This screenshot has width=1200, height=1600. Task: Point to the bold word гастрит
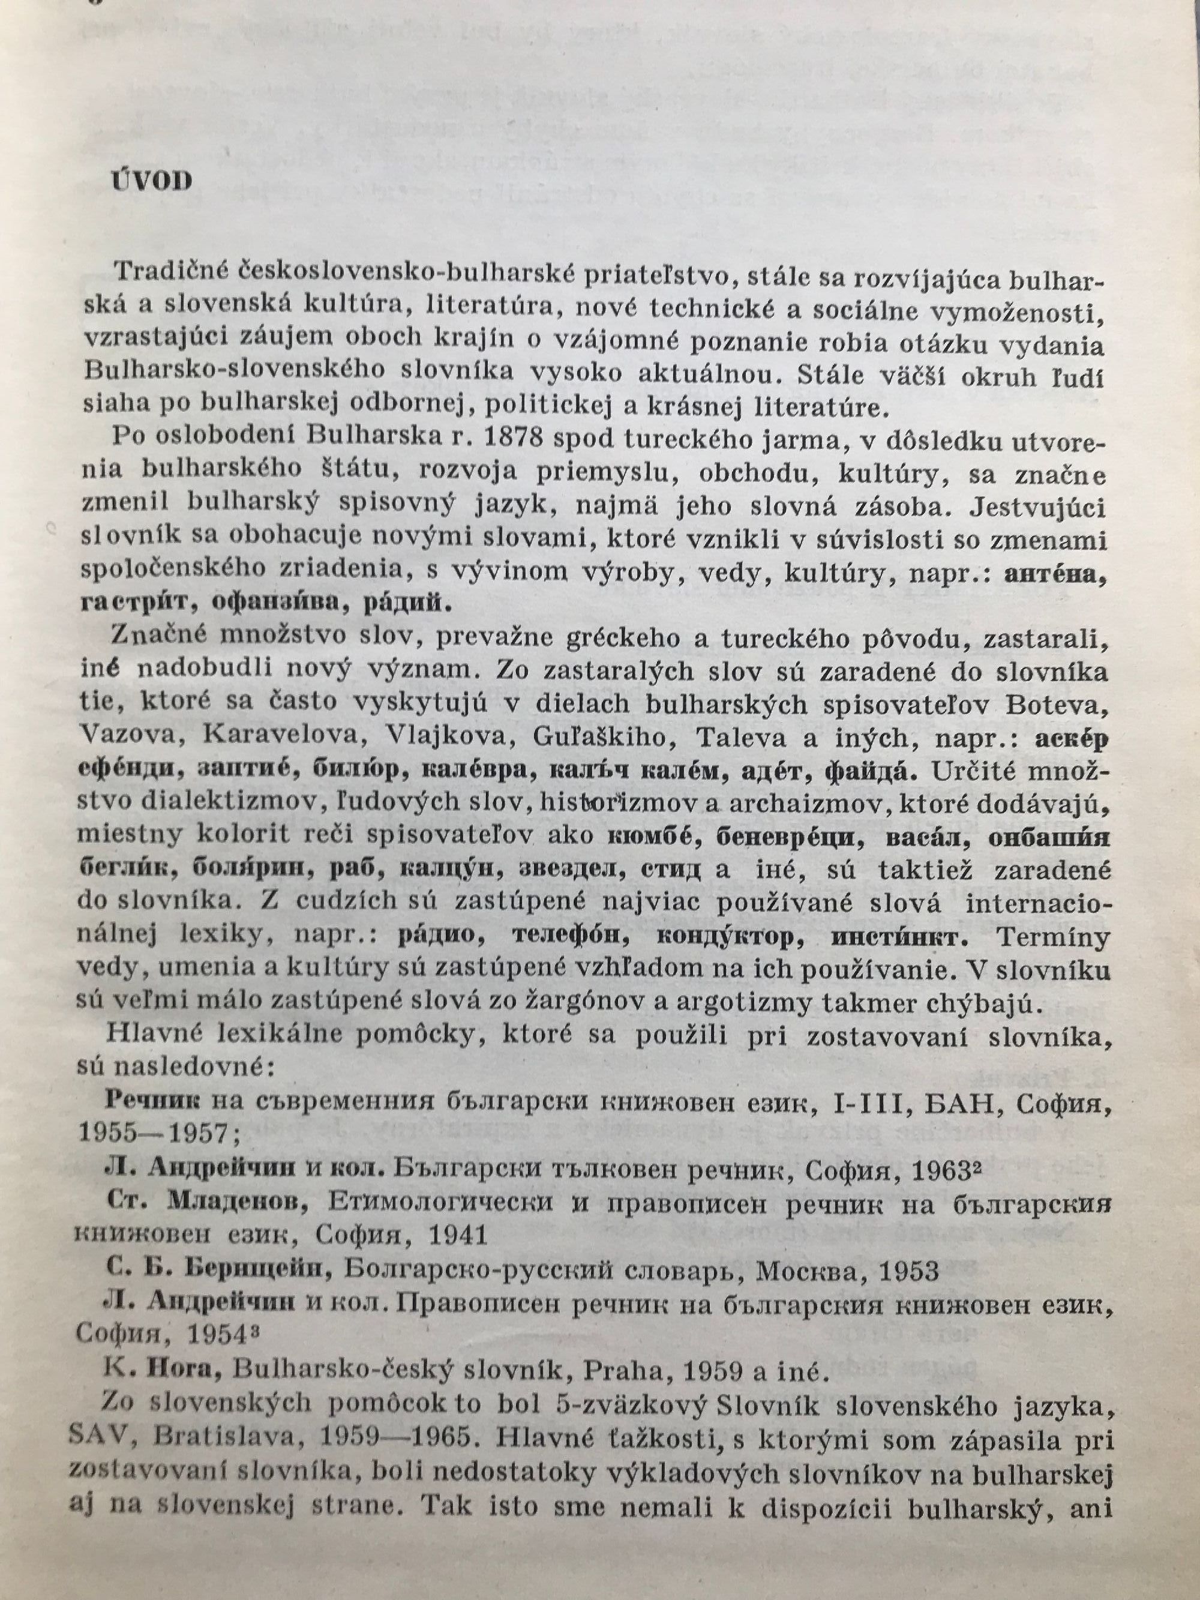[x=133, y=605]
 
